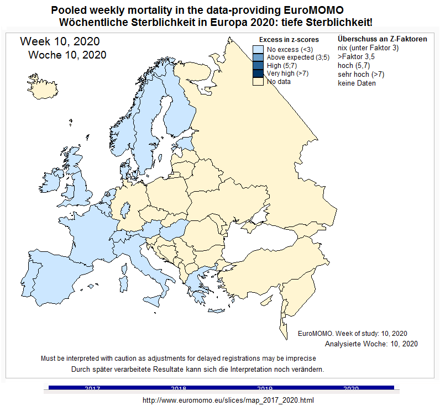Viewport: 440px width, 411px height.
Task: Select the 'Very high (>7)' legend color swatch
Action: point(258,73)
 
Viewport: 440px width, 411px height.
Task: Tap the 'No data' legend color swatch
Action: point(258,81)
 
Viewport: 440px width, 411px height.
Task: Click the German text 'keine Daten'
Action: point(357,83)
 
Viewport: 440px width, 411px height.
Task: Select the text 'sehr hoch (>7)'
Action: point(361,75)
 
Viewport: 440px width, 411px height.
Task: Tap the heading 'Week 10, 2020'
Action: point(60,41)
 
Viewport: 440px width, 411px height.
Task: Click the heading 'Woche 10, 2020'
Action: point(67,55)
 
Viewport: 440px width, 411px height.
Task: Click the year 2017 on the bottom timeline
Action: point(92,388)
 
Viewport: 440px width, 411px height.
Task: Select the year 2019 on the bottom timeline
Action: point(265,388)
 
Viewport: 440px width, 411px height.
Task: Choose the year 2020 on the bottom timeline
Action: point(351,388)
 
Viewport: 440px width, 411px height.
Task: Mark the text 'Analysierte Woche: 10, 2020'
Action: point(371,344)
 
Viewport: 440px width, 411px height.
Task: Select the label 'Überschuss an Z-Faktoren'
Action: point(382,39)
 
